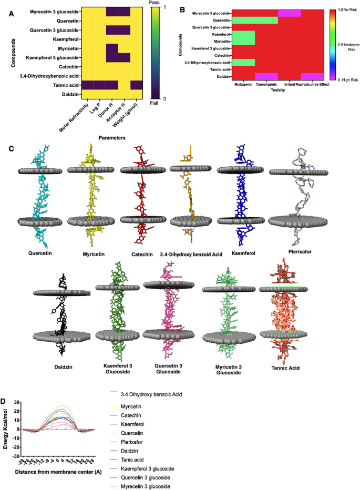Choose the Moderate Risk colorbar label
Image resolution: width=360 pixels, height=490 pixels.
(347, 47)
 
